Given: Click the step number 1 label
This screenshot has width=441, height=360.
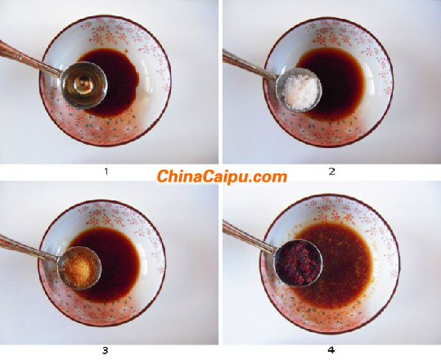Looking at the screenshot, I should (105, 172).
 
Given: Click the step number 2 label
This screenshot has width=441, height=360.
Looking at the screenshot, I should (331, 172).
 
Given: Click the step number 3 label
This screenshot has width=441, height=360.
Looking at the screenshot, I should (105, 351).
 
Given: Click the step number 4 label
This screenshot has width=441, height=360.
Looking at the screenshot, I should (331, 351).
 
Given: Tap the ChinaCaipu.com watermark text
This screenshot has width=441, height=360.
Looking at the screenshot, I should (222, 176).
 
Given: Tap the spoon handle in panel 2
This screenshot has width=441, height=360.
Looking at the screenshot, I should (245, 62).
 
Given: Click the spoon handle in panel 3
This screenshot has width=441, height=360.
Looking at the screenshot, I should (25, 245).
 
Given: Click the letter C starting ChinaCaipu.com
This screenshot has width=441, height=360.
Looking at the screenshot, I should (162, 176).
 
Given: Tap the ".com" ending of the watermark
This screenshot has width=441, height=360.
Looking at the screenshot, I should (270, 177).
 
